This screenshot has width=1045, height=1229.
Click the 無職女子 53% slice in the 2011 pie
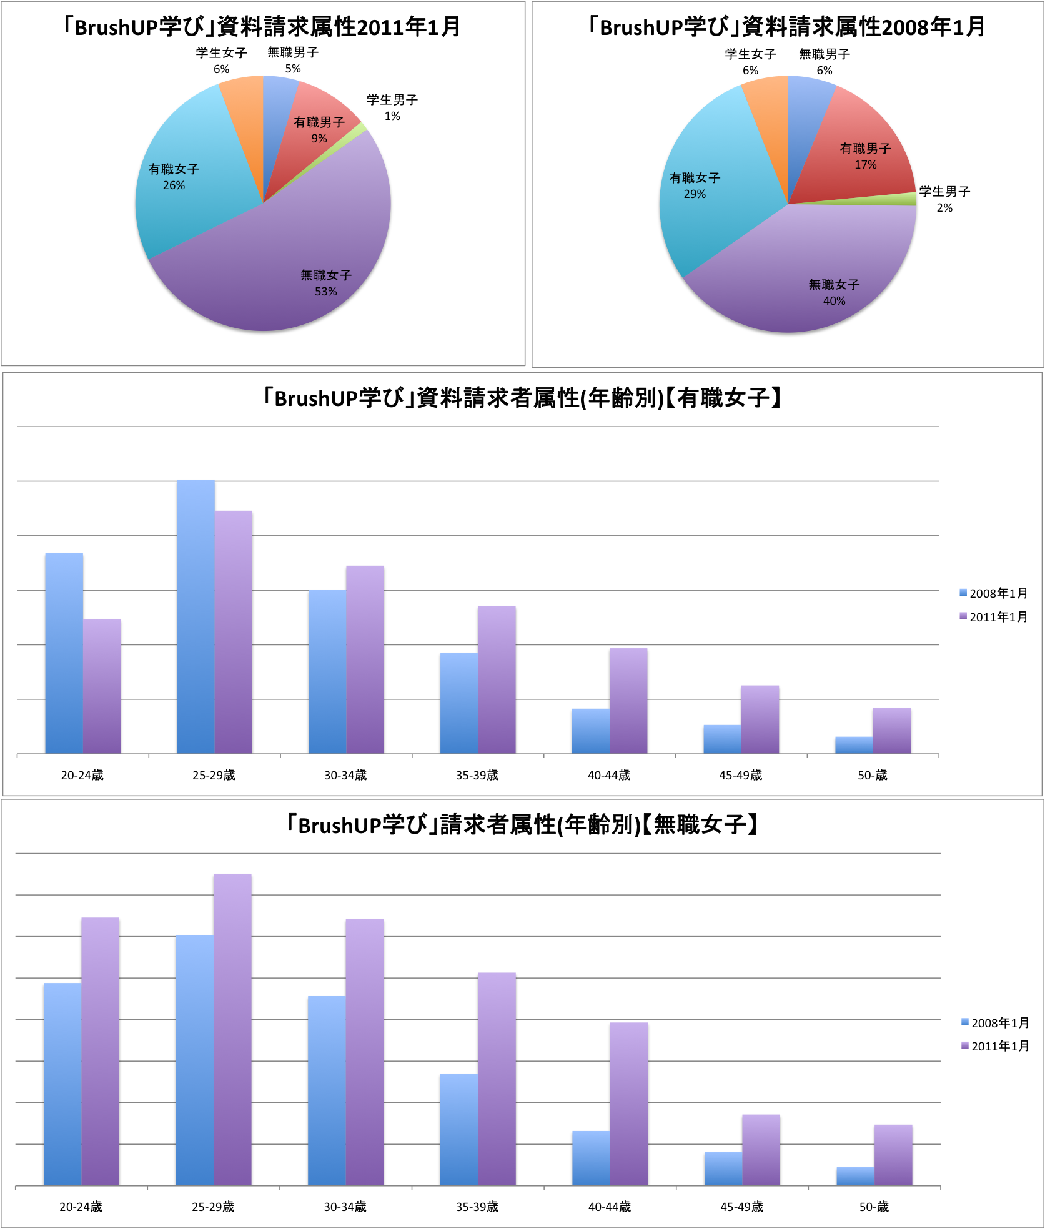point(281,262)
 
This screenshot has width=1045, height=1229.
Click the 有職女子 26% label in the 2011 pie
point(174,177)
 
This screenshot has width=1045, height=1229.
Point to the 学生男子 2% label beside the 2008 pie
point(944,199)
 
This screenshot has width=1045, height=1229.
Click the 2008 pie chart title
point(787,27)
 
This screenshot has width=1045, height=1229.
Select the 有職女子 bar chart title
point(522,398)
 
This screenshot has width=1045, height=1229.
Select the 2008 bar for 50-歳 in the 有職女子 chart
point(854,745)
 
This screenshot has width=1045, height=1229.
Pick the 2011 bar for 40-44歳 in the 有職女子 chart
point(628,701)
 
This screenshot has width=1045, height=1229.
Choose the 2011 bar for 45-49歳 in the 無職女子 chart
point(761,1150)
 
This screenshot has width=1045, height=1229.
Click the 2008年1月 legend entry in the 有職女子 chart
point(993,593)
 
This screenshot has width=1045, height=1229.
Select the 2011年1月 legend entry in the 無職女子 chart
point(995,1046)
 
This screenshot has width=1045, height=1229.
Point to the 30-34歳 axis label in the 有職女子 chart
point(345,775)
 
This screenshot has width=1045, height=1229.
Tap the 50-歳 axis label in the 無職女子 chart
point(873,1207)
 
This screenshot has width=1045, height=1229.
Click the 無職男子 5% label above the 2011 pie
point(293,60)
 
